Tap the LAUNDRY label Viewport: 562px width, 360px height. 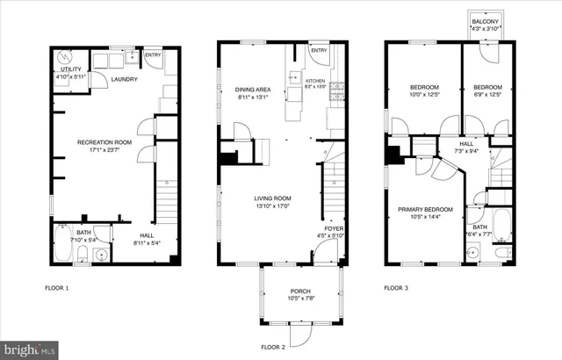[x=124, y=79]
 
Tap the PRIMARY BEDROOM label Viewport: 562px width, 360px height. [x=425, y=209]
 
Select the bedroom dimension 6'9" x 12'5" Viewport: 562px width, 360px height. [x=487, y=96]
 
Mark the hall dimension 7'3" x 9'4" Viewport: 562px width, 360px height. [x=467, y=151]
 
